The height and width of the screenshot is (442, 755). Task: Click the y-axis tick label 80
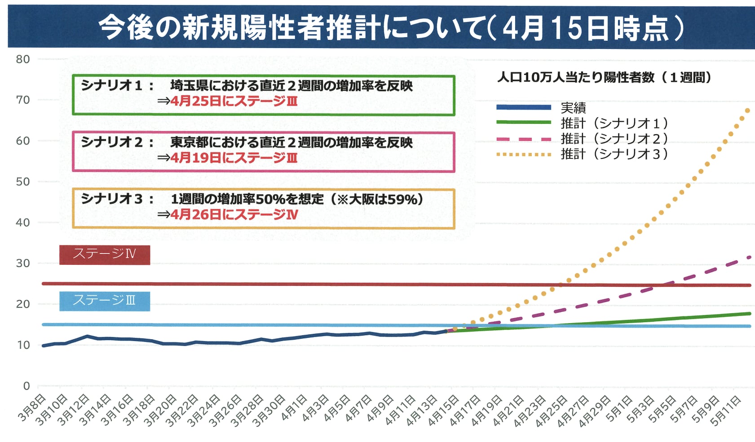pos(23,59)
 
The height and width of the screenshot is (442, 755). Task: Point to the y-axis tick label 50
pos(23,182)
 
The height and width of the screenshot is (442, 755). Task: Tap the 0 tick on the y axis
pos(26,386)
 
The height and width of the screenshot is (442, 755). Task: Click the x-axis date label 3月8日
pos(32,408)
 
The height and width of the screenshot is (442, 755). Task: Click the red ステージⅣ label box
pos(105,254)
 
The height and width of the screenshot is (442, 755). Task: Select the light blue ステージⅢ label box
pos(105,301)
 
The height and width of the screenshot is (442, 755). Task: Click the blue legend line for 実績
pos(524,107)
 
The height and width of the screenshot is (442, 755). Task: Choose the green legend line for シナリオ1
pos(524,122)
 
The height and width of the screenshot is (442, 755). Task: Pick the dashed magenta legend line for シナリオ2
pos(524,139)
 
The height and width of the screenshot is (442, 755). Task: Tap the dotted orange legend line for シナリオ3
pos(524,154)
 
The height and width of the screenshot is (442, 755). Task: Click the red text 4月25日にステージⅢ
pos(234,101)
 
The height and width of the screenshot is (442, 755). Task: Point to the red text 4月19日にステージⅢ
pos(234,158)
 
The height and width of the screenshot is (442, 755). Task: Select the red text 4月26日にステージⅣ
pos(234,214)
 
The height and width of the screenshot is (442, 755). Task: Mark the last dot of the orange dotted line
pos(747,110)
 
